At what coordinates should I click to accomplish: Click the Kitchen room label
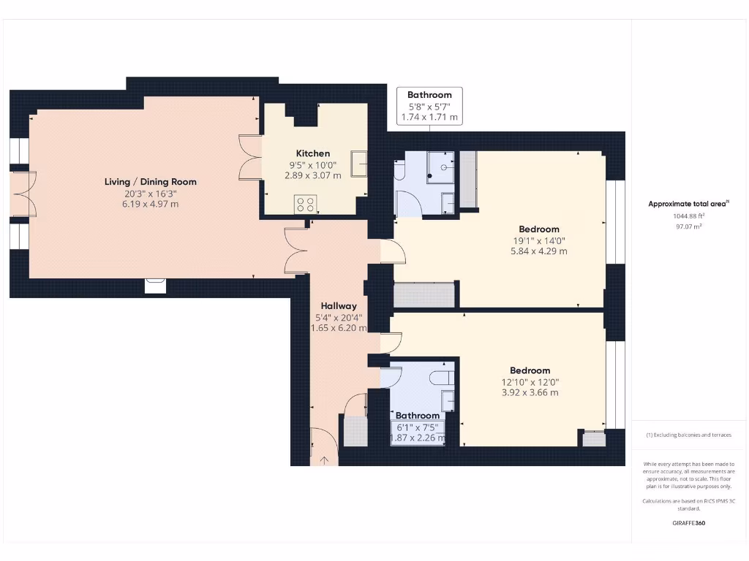[312, 153]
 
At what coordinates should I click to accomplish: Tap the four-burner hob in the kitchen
[305, 205]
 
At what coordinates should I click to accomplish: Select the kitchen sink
[359, 164]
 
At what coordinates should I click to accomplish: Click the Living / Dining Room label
[150, 181]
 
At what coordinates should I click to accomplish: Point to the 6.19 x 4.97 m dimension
[150, 204]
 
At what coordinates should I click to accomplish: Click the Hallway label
[338, 306]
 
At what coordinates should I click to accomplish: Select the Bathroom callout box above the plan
[429, 106]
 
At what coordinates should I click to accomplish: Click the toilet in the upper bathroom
[399, 171]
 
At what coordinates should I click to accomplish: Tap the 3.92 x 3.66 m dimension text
[530, 392]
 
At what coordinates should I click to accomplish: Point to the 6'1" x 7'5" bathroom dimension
[418, 427]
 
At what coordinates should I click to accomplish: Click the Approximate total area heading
[688, 204]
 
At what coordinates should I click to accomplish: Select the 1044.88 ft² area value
[688, 216]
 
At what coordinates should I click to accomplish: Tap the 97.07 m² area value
[688, 227]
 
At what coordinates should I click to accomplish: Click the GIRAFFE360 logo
[688, 523]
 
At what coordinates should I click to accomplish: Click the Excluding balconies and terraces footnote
[688, 435]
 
